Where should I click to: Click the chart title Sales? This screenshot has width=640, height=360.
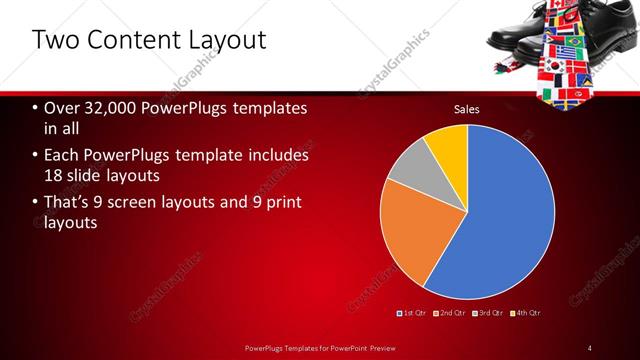pos(467,108)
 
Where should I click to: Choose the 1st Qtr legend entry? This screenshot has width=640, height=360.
pos(415,314)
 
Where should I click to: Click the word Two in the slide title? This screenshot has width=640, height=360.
pos(52,41)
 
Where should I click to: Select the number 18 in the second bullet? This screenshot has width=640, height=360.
pos(55,176)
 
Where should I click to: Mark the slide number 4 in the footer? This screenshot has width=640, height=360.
pos(590,347)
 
